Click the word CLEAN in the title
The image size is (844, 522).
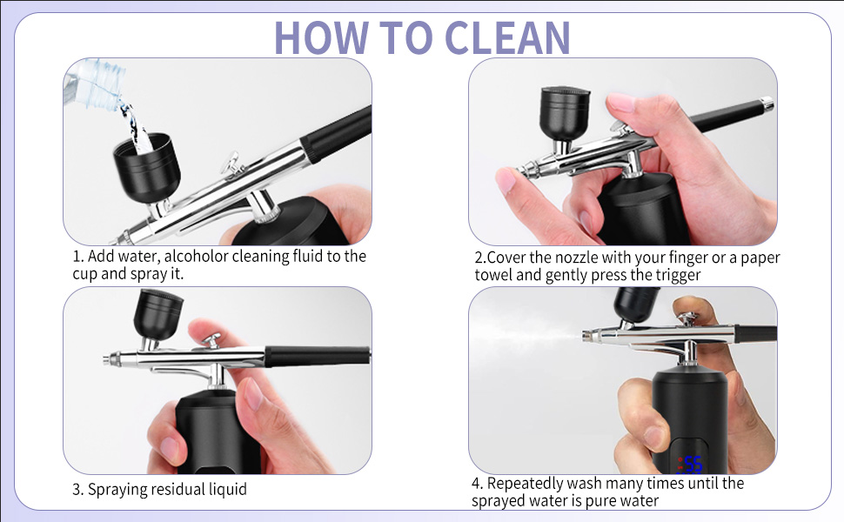click(507, 37)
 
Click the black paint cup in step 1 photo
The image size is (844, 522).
click(146, 167)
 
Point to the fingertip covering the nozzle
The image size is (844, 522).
click(506, 180)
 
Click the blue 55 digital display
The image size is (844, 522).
click(693, 464)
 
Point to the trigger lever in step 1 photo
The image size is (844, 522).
click(231, 164)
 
